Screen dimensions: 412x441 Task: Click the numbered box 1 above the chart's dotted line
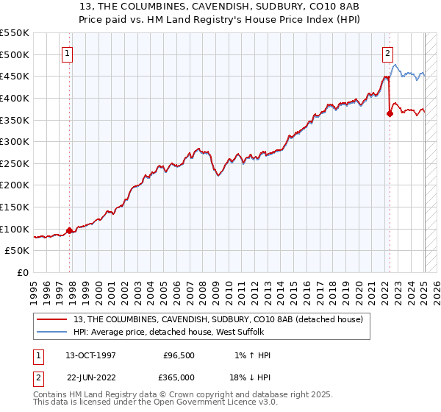point(67,53)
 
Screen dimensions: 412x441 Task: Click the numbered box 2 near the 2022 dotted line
point(387,53)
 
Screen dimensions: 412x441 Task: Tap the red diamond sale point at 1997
point(70,230)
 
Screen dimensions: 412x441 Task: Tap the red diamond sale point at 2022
point(390,113)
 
